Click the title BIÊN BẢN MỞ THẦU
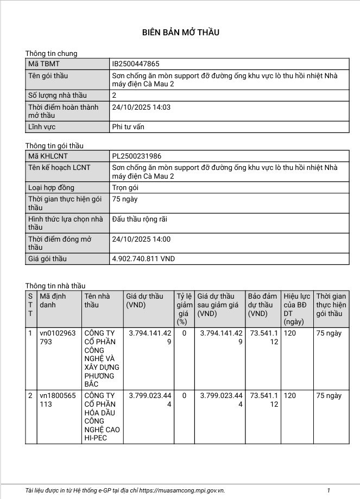pyautogui.click(x=180, y=33)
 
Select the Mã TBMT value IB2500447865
pyautogui.click(x=135, y=64)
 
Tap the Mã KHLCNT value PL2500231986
pyautogui.click(x=136, y=156)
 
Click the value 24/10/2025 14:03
pyautogui.click(x=141, y=107)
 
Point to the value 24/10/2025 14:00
pyautogui.click(x=141, y=239)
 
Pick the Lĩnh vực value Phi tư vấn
pyautogui.click(x=128, y=127)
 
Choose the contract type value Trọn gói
pyautogui.click(x=125, y=187)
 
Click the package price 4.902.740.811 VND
pyautogui.click(x=143, y=259)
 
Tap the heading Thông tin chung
pyautogui.click(x=51, y=53)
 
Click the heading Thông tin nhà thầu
pyautogui.click(x=55, y=286)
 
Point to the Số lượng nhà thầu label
pyautogui.click(x=57, y=95)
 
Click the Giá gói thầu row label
pyautogui.click(x=47, y=259)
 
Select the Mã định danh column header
pyautogui.click(x=53, y=300)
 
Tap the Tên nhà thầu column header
pyautogui.click(x=97, y=300)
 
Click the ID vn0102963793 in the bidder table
pyautogui.click(x=58, y=337)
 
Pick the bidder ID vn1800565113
pyautogui.click(x=58, y=400)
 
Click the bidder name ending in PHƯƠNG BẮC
pyautogui.click(x=102, y=358)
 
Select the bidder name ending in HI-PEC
pyautogui.click(x=102, y=416)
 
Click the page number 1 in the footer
pyautogui.click(x=329, y=490)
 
